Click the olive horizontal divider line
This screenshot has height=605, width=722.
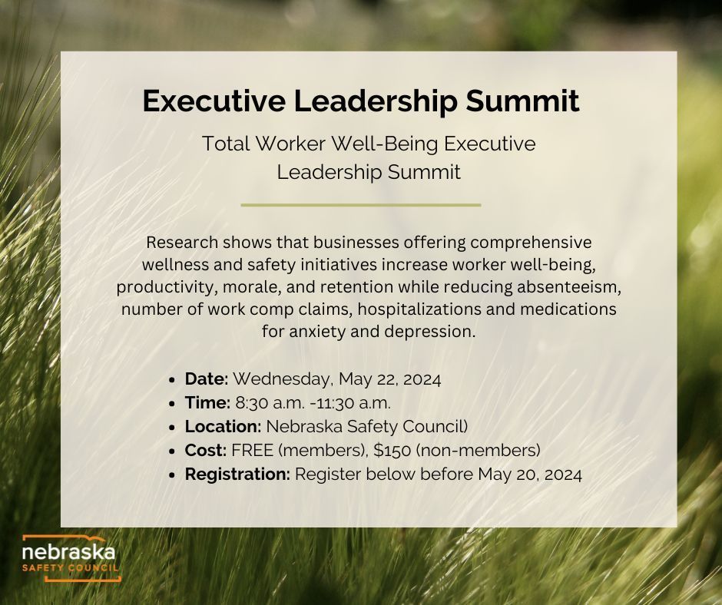click(360, 205)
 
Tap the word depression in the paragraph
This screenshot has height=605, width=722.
click(439, 332)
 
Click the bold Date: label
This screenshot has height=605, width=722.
click(207, 379)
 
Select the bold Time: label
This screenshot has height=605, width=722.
click(207, 402)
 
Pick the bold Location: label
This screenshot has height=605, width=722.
click(221, 426)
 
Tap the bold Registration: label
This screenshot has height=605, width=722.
click(237, 474)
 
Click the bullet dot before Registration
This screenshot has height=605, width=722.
click(174, 475)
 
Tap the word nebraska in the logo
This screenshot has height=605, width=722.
click(68, 552)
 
